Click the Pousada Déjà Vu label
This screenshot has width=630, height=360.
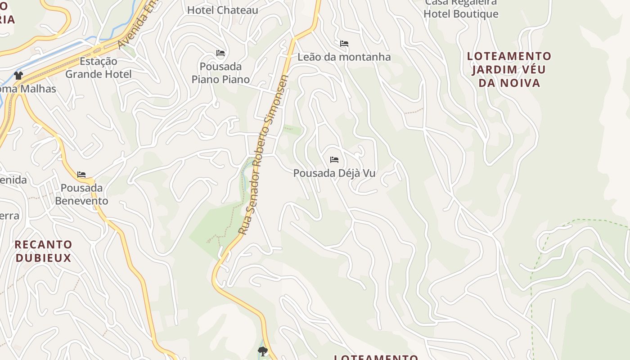tap(334, 173)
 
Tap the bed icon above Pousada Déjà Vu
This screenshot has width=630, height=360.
tap(334, 160)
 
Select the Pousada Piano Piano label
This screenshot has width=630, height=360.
tap(220, 73)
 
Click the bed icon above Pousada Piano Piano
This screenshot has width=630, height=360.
tap(220, 53)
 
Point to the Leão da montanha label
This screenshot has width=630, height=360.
tap(344, 57)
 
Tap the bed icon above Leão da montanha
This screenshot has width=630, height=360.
tap(344, 44)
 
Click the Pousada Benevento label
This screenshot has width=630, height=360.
tap(81, 194)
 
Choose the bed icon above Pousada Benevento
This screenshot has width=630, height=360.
tap(81, 174)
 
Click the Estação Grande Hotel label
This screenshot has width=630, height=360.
tap(99, 67)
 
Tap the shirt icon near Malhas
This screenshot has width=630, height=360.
tap(18, 75)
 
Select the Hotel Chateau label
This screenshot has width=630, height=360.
tap(222, 10)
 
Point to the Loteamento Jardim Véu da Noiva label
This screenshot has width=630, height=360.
tap(509, 69)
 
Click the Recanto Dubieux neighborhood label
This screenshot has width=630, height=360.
tap(43, 251)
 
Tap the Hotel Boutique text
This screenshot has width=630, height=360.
tap(461, 13)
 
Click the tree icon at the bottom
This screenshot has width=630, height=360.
tap(262, 351)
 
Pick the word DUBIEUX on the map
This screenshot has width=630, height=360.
tap(43, 258)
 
